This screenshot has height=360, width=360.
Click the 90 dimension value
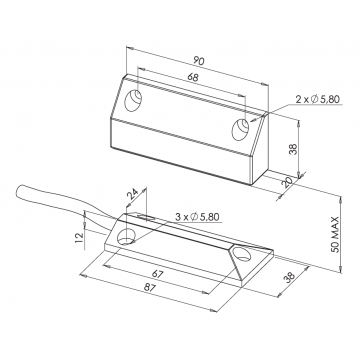(x=199, y=61)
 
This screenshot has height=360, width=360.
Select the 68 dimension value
(x=193, y=77)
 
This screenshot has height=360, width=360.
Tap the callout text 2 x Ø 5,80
(x=317, y=99)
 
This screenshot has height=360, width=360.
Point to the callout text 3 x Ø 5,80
(x=197, y=217)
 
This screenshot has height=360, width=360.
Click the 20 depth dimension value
(x=288, y=183)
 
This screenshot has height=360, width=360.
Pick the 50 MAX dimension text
(x=335, y=234)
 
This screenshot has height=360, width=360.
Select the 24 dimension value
(x=132, y=194)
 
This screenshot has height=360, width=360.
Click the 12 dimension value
(x=79, y=237)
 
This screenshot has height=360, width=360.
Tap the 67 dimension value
(x=157, y=274)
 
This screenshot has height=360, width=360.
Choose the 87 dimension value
(x=150, y=288)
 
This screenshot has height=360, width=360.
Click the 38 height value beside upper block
(x=293, y=149)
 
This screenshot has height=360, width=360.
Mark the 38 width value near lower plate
(x=290, y=276)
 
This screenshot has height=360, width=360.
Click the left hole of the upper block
(x=133, y=100)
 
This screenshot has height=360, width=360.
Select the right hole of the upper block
(x=241, y=129)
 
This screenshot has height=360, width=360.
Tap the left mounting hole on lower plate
(x=125, y=237)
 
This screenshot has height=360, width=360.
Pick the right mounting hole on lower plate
(x=242, y=254)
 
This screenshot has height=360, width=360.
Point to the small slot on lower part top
(x=146, y=218)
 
